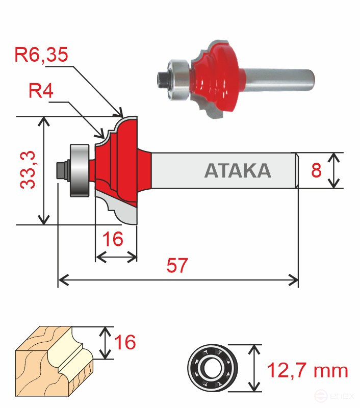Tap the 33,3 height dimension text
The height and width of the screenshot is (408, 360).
[28, 170]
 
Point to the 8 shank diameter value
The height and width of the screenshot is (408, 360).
[316, 170]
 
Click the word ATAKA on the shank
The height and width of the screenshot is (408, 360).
[238, 171]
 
